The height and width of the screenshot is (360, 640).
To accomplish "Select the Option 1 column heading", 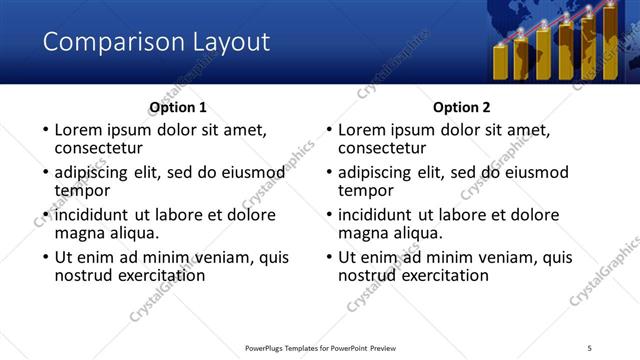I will pyautogui.click(x=178, y=107).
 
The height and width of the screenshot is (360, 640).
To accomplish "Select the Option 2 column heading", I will pyautogui.click(x=462, y=107).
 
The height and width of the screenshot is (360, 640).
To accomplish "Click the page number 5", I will pyautogui.click(x=590, y=347).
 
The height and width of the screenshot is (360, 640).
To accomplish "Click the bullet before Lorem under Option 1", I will pyautogui.click(x=43, y=131).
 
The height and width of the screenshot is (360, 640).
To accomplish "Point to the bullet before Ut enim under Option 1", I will pyautogui.click(x=43, y=257).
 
